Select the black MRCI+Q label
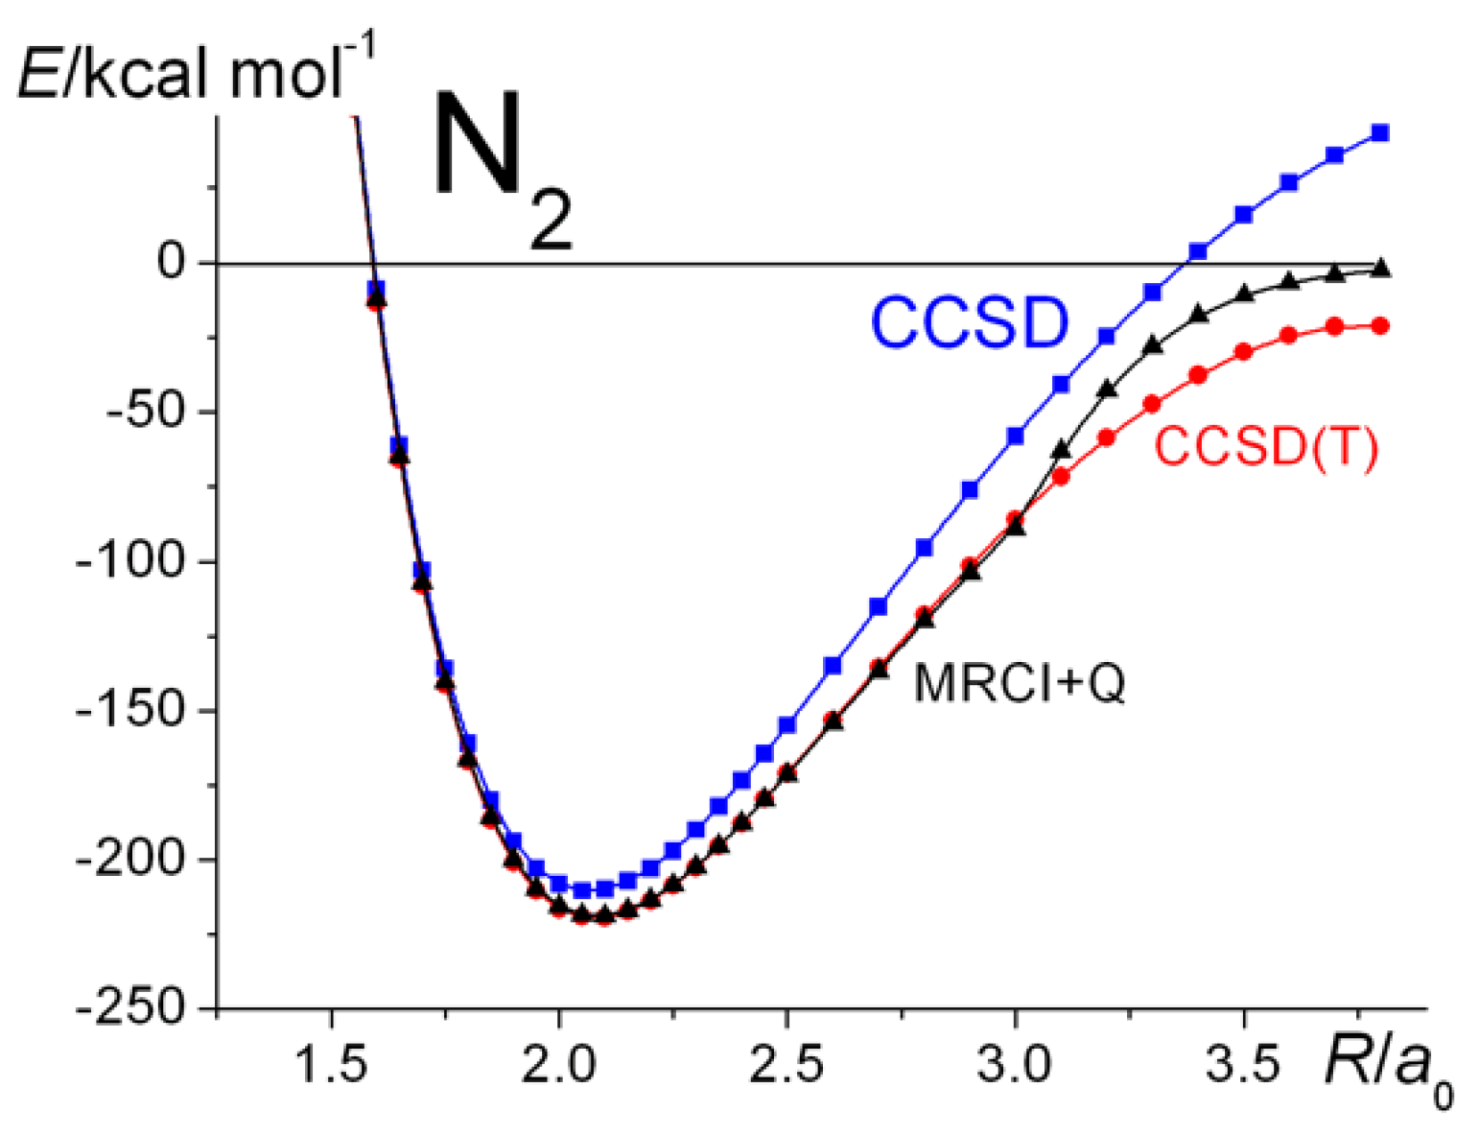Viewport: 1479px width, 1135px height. [x=1020, y=683]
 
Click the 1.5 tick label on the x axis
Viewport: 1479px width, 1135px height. [x=331, y=1064]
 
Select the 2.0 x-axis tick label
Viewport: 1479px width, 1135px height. [x=559, y=1064]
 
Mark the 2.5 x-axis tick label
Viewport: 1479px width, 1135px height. [x=786, y=1064]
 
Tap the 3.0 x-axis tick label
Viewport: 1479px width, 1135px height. [x=1015, y=1064]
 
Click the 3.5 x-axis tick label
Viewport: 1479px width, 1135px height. [x=1243, y=1064]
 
